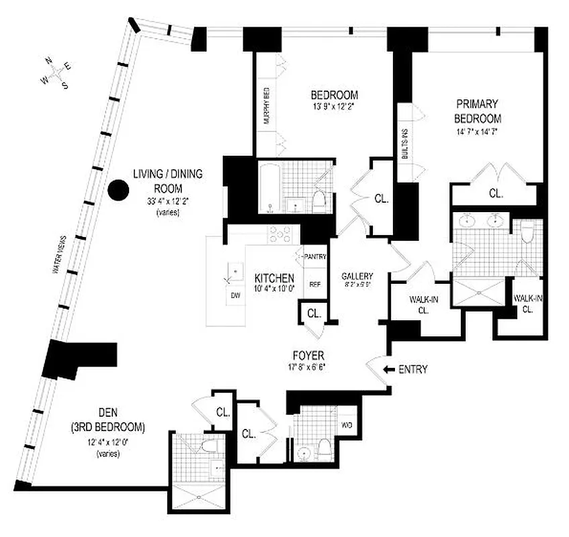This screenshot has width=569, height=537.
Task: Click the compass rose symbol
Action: pyautogui.click(x=56, y=72)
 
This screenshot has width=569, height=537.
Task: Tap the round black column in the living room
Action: pyautogui.click(x=118, y=191)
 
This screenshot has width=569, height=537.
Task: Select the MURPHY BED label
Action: pyautogui.click(x=265, y=106)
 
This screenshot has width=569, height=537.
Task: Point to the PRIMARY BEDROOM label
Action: pyautogui.click(x=477, y=110)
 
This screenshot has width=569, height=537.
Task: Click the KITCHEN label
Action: pyautogui.click(x=273, y=278)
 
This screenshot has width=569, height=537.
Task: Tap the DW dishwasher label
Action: pyautogui.click(x=235, y=295)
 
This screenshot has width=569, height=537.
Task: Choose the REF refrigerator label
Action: pyautogui.click(x=314, y=284)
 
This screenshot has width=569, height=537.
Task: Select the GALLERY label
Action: pyautogui.click(x=357, y=277)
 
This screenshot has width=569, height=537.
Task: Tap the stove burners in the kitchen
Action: pyautogui.click(x=279, y=234)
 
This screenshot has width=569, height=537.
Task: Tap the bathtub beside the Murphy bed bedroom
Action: pyautogui.click(x=271, y=187)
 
